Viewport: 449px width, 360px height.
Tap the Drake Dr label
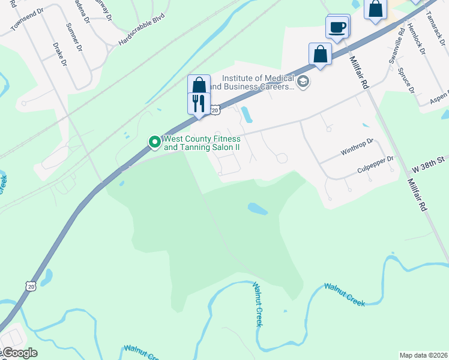click(x=59, y=54)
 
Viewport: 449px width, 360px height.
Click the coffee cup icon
click(x=337, y=27)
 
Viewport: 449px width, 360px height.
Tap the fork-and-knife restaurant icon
click(x=199, y=103)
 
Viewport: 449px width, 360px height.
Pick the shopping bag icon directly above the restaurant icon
click(x=199, y=85)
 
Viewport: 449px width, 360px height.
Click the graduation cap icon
click(x=303, y=82)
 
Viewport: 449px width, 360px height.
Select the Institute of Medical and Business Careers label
click(x=259, y=82)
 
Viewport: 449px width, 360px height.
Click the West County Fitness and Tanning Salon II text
click(x=202, y=143)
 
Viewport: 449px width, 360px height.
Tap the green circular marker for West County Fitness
click(x=154, y=142)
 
